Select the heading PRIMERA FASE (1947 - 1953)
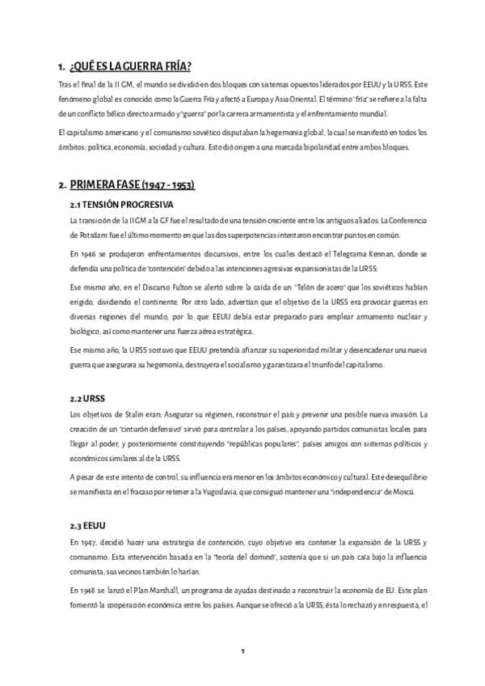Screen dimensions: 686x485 click(132, 185)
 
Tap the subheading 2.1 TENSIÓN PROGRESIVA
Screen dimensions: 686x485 click(122, 204)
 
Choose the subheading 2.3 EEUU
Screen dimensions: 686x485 click(91, 523)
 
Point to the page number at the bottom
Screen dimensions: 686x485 click(242, 651)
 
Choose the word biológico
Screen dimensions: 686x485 click(87, 332)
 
